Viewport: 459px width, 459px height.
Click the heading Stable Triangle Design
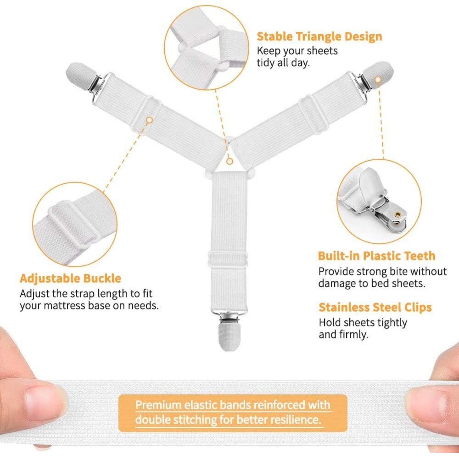[319, 37]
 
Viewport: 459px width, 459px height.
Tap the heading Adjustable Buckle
[70, 279]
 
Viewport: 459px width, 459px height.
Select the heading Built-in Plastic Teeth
[377, 256]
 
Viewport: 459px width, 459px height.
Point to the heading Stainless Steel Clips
[375, 307]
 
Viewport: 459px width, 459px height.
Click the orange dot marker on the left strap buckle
[149, 120]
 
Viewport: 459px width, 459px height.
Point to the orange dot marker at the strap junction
[229, 162]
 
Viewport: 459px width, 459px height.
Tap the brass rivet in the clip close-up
[397, 214]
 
